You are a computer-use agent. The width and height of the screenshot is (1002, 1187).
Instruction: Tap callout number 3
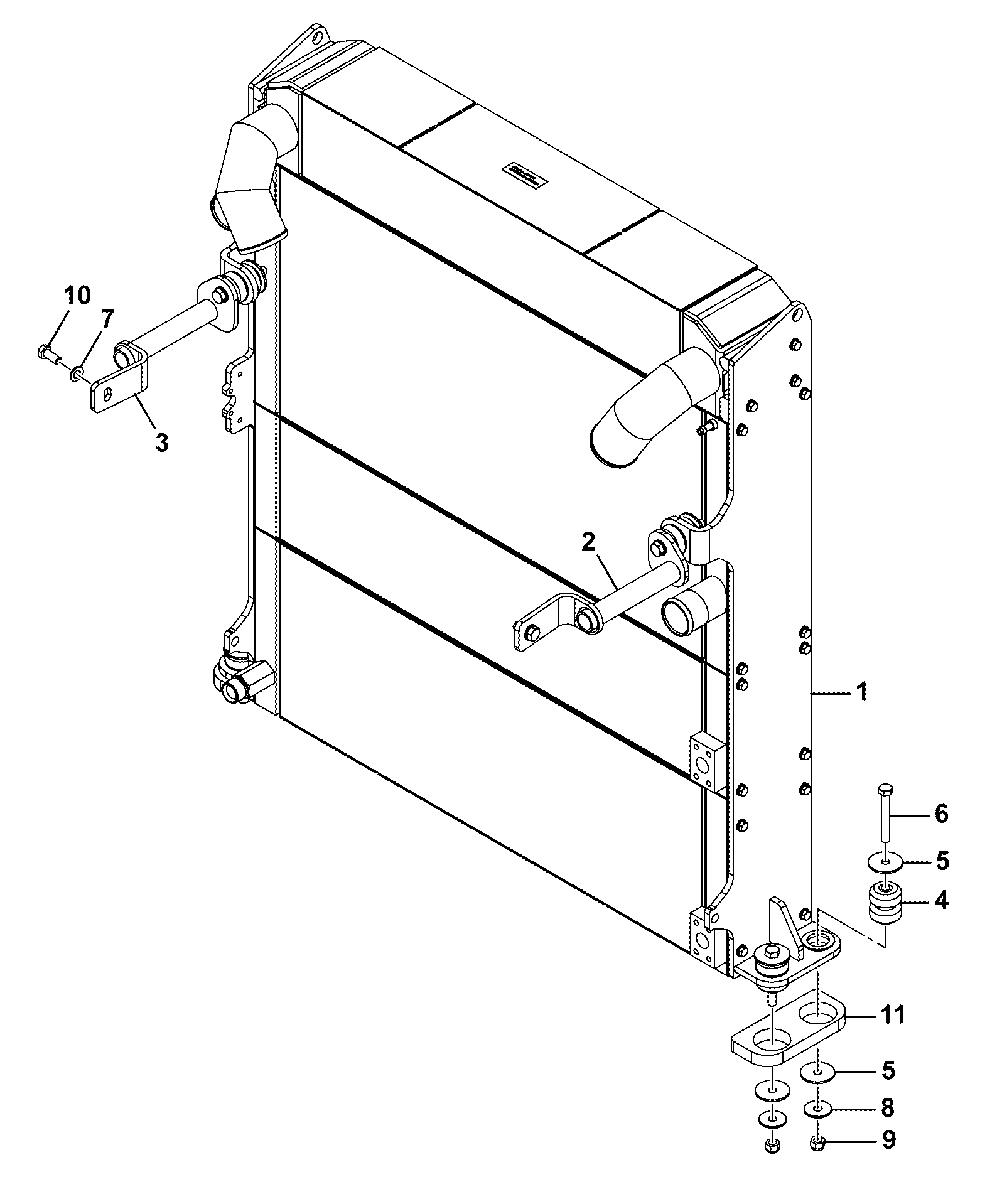[162, 443]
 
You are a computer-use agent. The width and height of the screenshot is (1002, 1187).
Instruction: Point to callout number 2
[588, 542]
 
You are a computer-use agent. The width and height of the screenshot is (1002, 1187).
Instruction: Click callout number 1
[861, 692]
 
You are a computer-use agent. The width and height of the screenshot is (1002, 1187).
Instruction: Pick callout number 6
[941, 814]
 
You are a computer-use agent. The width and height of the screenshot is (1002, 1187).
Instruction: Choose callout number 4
[941, 901]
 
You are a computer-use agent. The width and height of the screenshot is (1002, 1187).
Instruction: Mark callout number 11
[892, 1014]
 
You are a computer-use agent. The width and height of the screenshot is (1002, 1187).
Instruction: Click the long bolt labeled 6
[885, 813]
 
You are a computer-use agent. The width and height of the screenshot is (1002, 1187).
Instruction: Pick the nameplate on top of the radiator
[522, 175]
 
